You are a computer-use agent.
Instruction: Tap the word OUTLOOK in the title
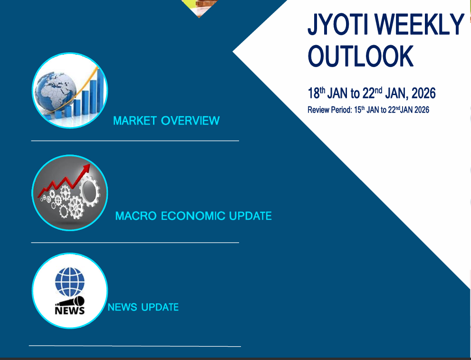pyautogui.click(x=361, y=56)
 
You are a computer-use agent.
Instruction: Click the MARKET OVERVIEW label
pyautogui.click(x=166, y=121)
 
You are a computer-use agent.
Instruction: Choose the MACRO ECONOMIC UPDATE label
pyautogui.click(x=193, y=216)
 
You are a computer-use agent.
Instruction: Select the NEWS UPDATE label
pyautogui.click(x=143, y=307)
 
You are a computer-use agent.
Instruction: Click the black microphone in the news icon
pyautogui.click(x=71, y=302)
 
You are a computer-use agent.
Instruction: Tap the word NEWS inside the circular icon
pyautogui.click(x=69, y=311)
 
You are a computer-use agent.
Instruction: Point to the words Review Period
pyautogui.click(x=328, y=110)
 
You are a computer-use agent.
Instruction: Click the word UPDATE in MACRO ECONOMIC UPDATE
pyautogui.click(x=250, y=216)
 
